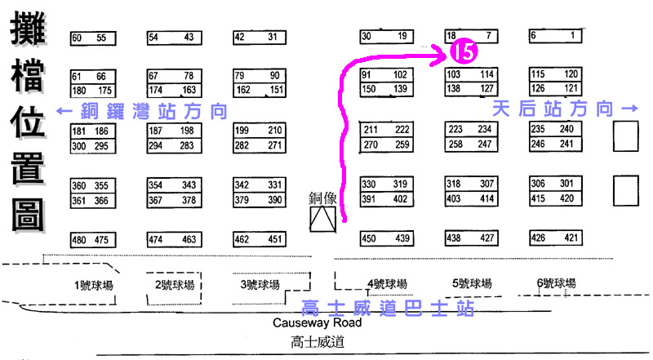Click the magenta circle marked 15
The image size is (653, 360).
click(x=462, y=53)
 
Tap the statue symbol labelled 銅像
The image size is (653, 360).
click(x=322, y=217)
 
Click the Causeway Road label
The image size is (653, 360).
click(x=318, y=322)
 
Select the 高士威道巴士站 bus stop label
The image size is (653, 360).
click(x=388, y=308)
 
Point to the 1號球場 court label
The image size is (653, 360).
click(x=94, y=285)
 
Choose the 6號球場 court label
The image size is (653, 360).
click(x=557, y=283)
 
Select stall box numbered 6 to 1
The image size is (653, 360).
click(x=555, y=36)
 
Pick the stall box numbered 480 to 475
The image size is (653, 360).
click(x=92, y=240)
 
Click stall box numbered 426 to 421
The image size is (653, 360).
click(x=555, y=238)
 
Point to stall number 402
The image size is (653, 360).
click(x=400, y=198)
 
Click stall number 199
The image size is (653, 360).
click(x=242, y=131)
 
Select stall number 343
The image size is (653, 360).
click(x=188, y=184)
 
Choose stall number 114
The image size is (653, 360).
click(x=486, y=75)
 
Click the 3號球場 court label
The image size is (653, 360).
click(x=260, y=285)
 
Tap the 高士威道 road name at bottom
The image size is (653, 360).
click(x=318, y=343)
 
